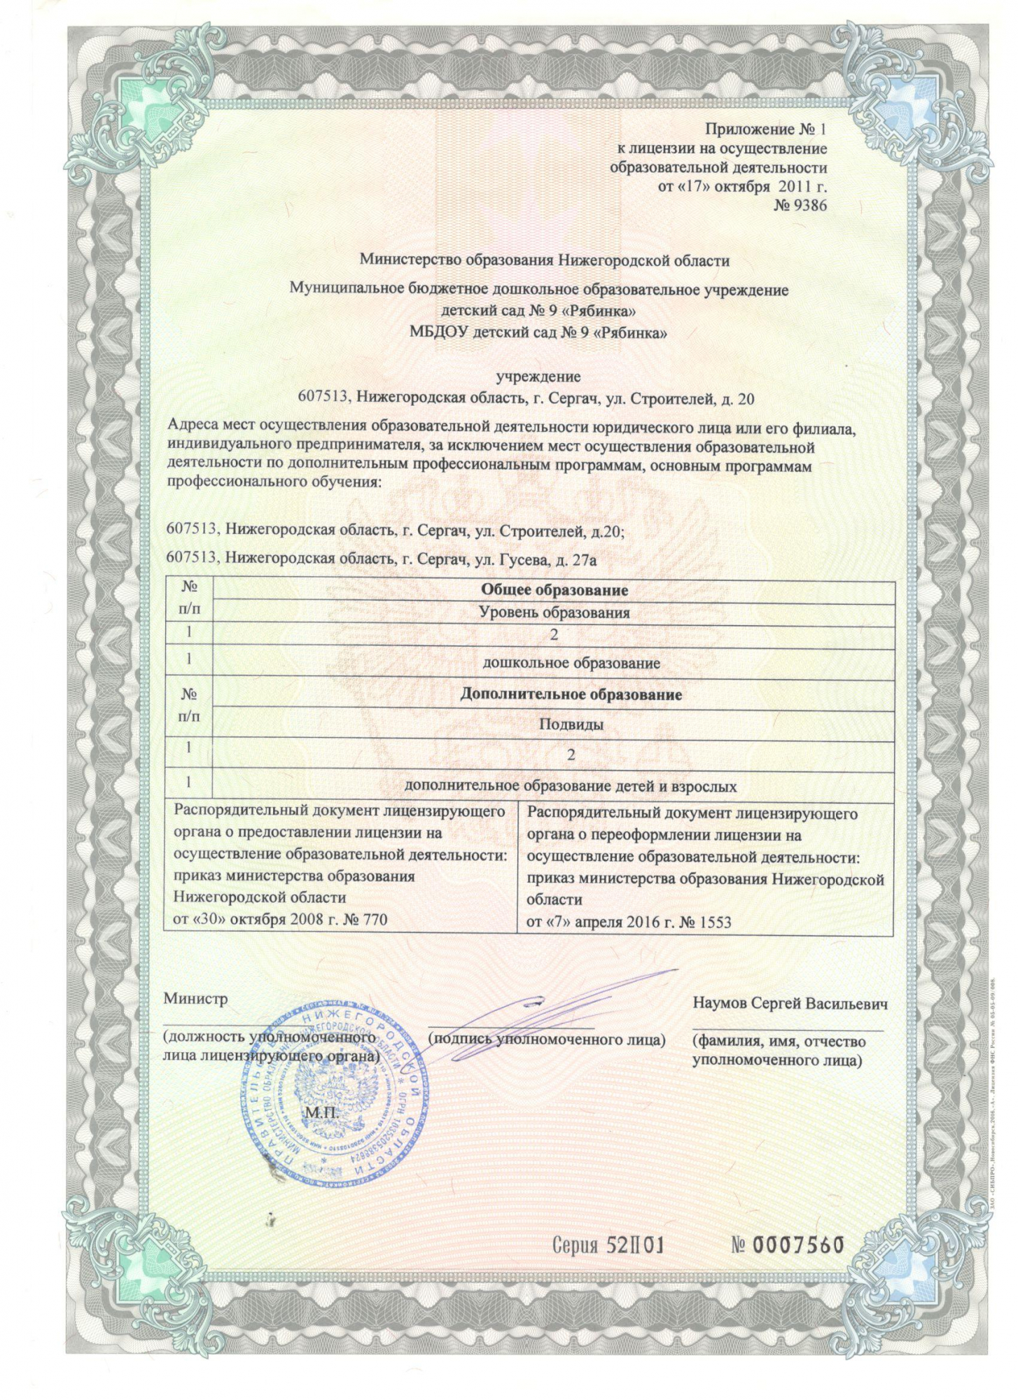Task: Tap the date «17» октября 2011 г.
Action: (x=742, y=187)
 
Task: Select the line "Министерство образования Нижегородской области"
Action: (x=544, y=260)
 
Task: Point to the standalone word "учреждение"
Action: (x=538, y=377)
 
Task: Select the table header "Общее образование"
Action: (x=553, y=589)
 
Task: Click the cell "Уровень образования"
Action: (x=553, y=613)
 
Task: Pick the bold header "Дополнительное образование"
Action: (x=571, y=694)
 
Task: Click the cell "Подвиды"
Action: (x=571, y=724)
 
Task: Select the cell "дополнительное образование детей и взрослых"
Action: (x=571, y=786)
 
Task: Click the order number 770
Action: (x=372, y=919)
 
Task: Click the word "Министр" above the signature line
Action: (x=195, y=999)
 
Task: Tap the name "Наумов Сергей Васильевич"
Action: (x=790, y=1003)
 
